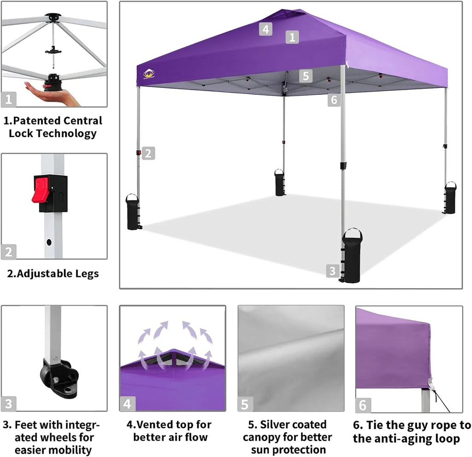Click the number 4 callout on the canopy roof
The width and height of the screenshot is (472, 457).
pos(265,29)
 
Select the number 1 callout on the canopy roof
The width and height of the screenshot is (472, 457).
pos(292,37)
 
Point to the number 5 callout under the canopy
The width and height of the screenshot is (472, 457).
pos(306,75)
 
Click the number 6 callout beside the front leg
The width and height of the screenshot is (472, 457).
pos(334,99)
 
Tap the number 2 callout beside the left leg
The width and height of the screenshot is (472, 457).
pos(147,153)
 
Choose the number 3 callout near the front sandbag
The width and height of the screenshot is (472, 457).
pos(332,271)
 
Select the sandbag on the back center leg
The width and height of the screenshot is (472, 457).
pos(280,183)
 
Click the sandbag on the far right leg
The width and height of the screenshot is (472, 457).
pos(450,198)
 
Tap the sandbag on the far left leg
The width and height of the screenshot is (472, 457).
pos(133,212)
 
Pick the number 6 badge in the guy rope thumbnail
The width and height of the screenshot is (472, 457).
pos(363,405)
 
